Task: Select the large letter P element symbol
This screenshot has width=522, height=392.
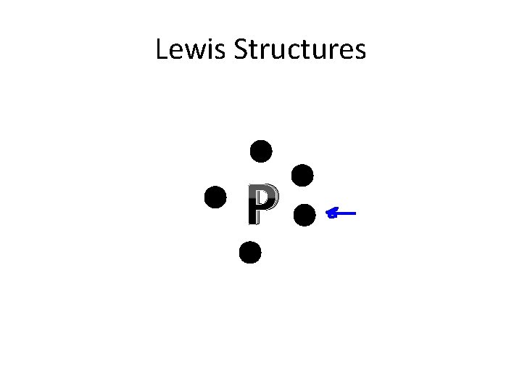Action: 262,205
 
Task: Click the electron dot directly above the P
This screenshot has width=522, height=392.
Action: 261,151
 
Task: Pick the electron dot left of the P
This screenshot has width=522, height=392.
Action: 215,197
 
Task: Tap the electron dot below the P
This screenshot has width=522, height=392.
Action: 249,252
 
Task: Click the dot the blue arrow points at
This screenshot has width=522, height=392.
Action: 304,214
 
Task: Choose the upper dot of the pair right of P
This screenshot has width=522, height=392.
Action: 302,175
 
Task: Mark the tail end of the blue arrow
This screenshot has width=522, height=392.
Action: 355,213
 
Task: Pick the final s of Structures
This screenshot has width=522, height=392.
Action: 360,52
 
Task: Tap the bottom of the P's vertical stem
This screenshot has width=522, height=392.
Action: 252,221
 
